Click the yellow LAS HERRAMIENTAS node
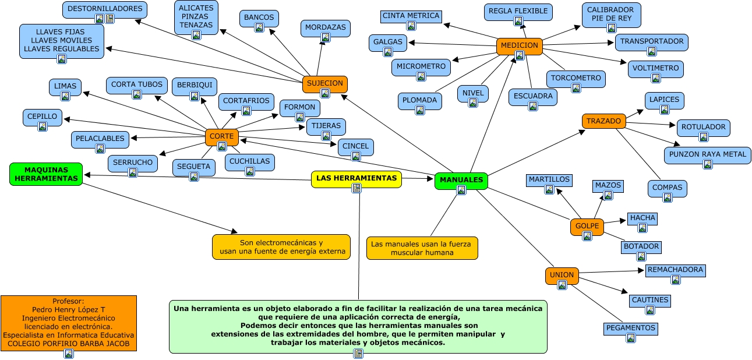[356, 178]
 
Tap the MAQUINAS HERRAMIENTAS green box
[46, 174]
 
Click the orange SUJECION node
[324, 83]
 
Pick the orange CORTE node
[221, 136]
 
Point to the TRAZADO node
[603, 121]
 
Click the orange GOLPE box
[587, 225]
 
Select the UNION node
[562, 275]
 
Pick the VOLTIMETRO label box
[655, 68]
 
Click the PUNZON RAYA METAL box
[707, 154]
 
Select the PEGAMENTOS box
[630, 328]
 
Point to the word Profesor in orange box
[68, 301]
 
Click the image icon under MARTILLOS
[549, 189]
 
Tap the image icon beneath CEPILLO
[42, 126]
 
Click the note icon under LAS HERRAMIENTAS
[356, 188]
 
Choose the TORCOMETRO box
[576, 78]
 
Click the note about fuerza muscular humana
[422, 248]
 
